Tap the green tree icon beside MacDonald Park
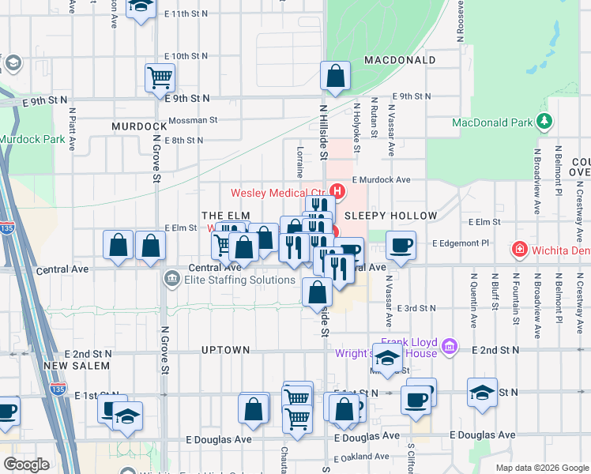544,121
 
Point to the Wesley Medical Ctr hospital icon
338,191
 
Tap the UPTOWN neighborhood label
225,349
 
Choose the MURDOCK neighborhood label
139,126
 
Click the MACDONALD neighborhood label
400,60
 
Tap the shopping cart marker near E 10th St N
160,78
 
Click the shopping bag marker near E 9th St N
336,77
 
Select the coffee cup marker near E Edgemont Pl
401,244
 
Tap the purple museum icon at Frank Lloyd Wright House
450,345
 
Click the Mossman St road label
193,120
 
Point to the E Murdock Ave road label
382,180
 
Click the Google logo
26,465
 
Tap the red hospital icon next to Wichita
520,250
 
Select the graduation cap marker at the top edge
141,7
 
